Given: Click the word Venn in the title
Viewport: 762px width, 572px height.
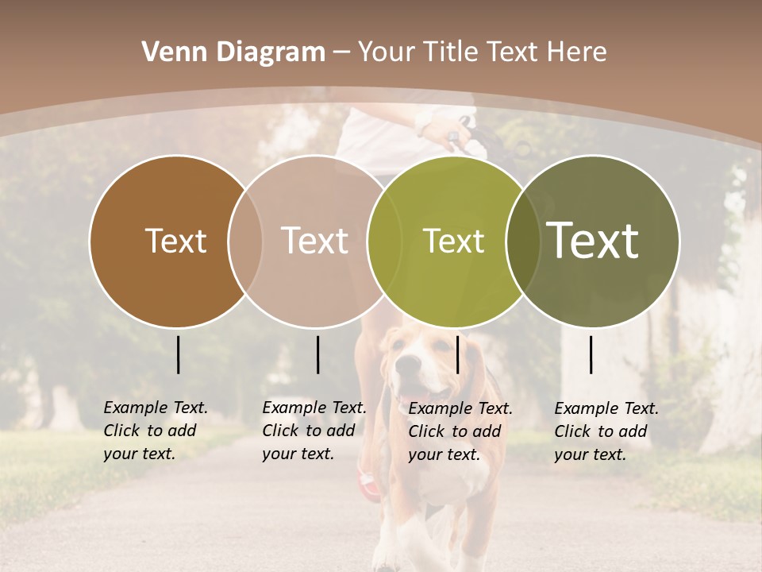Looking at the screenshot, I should click(x=171, y=52).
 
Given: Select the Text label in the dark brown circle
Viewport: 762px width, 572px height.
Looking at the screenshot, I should click(x=175, y=241).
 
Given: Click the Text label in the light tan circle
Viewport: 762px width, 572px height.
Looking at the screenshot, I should click(x=314, y=241).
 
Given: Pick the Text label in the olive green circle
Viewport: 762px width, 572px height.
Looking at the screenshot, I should click(x=453, y=242).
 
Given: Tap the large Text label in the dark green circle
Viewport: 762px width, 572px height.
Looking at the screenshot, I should click(x=592, y=240).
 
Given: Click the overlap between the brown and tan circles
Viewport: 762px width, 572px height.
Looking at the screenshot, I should click(x=244, y=241).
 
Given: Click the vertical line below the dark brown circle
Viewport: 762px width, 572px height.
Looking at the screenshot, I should click(x=178, y=354).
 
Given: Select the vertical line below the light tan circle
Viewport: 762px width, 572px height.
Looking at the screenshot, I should click(x=317, y=354).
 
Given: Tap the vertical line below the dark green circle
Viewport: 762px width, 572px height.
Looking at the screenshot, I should click(x=591, y=354).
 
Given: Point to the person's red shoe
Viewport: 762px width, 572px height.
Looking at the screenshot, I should click(x=368, y=481).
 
